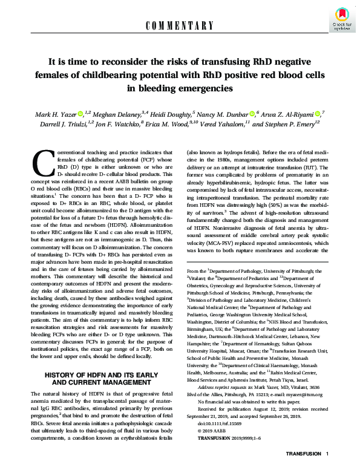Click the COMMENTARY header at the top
click(180, 25)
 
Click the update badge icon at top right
click(340, 22)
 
